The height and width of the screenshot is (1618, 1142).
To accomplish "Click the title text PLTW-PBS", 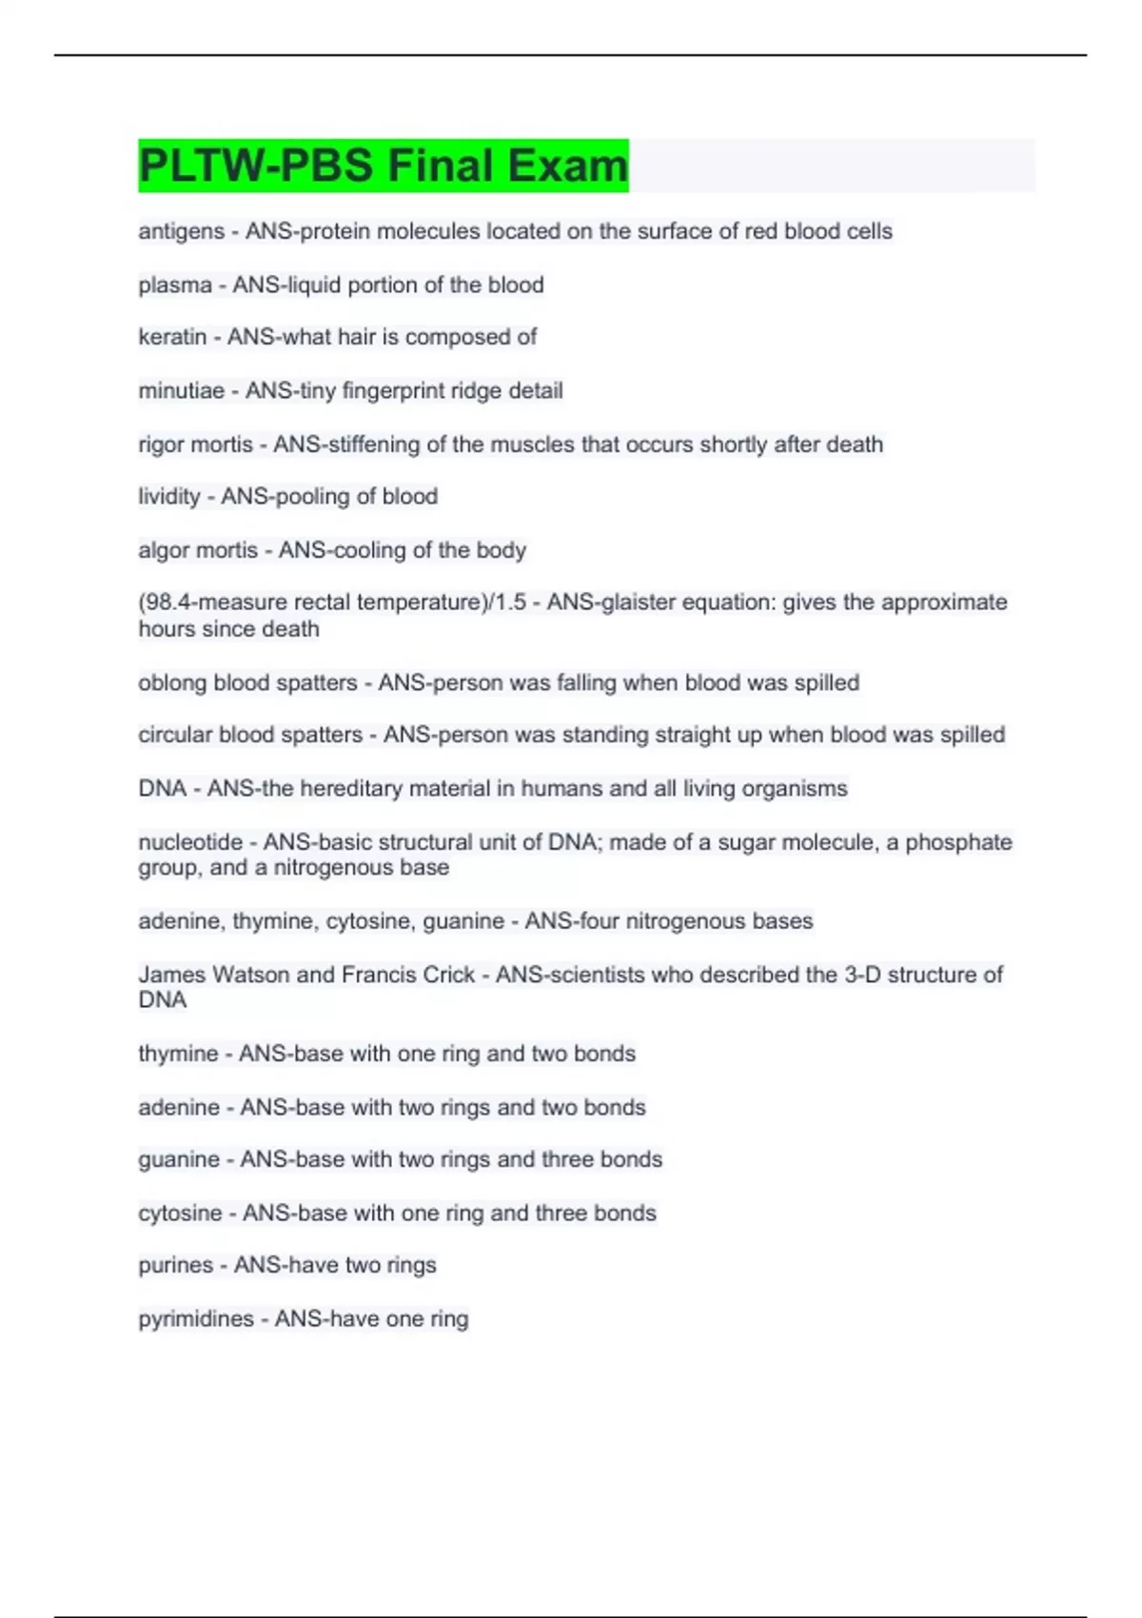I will coord(255,166).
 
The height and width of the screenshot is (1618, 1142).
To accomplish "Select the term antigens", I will coord(181,231).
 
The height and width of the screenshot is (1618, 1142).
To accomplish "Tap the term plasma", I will coord(175,286).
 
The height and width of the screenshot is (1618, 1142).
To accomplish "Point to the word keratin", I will coord(172,337).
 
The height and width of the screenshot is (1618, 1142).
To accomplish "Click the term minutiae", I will coord(181,391).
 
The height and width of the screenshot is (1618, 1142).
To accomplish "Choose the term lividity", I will coord(169,497).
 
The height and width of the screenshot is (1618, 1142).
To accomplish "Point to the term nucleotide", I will coord(190,842).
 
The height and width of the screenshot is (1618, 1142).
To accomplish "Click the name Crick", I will coord(446,975).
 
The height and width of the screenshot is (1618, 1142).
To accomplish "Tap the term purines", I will coord(176,1266).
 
